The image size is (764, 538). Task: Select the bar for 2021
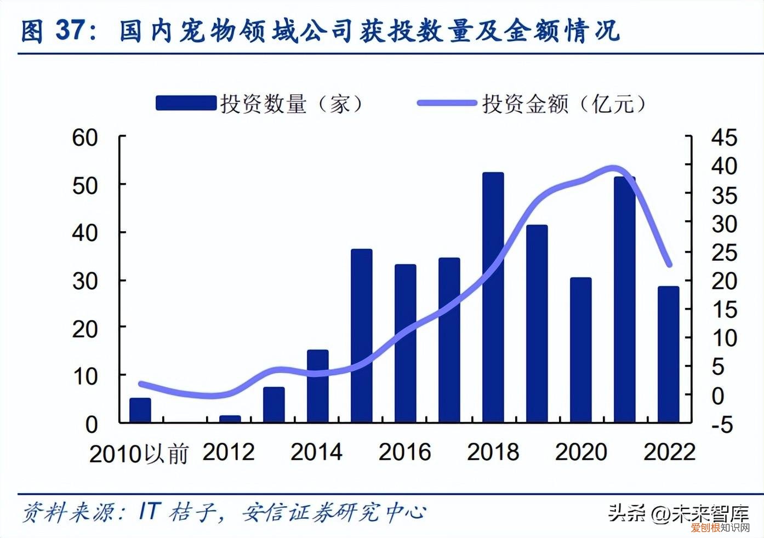tap(624, 300)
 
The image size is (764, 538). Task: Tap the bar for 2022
tap(668, 354)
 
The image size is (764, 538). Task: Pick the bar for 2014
tap(317, 386)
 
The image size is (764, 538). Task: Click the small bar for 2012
tap(230, 419)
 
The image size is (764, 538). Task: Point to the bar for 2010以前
tap(140, 410)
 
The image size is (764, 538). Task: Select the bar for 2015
tap(361, 336)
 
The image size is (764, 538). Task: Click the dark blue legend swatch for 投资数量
tap(186, 103)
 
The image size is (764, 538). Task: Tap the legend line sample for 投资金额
tap(446, 103)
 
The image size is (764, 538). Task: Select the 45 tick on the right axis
tap(724, 138)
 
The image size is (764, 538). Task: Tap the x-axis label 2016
tap(404, 452)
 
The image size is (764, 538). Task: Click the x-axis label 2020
tap(581, 452)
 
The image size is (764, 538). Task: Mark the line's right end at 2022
tap(669, 265)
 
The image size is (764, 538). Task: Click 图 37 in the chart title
tap(54, 31)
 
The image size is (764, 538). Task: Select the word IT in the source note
tap(149, 511)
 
